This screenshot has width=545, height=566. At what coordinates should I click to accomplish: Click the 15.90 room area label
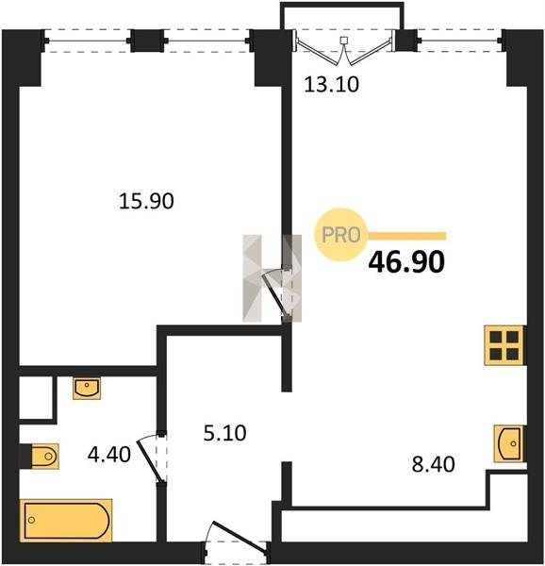[x=146, y=201]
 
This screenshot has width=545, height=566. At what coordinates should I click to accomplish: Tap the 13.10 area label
[x=332, y=85]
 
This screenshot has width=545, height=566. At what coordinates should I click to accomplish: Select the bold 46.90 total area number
[x=406, y=261]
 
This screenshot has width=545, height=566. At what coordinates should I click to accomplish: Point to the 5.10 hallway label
[x=224, y=433]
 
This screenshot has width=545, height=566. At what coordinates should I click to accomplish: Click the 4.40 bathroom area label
[x=109, y=455]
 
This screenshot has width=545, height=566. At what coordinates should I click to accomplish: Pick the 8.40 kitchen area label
[x=433, y=464]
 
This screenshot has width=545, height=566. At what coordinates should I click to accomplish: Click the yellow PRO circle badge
[x=340, y=235]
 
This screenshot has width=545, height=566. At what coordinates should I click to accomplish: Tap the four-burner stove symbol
[x=504, y=345]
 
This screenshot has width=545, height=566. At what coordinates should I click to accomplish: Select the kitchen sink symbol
[x=509, y=443]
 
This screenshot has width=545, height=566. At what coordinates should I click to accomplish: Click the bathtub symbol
[x=66, y=521]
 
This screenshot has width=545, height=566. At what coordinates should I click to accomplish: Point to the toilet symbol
[x=44, y=457]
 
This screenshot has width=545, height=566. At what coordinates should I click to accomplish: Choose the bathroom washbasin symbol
[x=87, y=389]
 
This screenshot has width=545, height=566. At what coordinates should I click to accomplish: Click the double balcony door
[x=344, y=48]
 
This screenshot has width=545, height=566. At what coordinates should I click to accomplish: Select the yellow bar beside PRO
[x=406, y=236]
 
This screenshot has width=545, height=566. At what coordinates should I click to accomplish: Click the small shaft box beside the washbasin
[x=36, y=398]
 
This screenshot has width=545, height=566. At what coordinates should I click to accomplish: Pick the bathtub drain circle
[x=32, y=520]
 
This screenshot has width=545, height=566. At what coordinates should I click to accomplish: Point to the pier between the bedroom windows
[x=147, y=41]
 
